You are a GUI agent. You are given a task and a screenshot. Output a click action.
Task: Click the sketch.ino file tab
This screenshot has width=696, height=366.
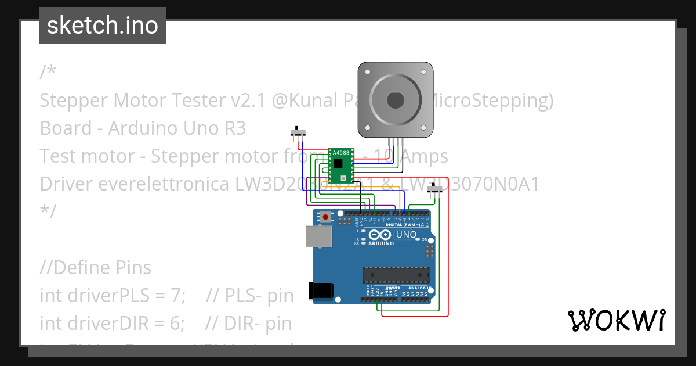tap(103, 26)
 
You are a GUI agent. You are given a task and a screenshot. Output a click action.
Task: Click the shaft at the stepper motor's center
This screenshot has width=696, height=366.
tap(395, 100)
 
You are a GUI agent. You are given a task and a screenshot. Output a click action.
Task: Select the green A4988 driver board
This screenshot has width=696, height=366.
tap(340, 166)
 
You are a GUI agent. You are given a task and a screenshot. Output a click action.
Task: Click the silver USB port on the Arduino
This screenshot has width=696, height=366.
tap(318, 237)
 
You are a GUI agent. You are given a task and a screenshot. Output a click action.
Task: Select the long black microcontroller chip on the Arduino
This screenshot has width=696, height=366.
tap(396, 274)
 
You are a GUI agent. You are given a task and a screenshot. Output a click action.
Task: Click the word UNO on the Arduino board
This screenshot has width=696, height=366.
tap(406, 235)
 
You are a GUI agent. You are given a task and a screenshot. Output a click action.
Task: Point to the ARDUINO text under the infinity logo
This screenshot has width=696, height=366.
tap(381, 243)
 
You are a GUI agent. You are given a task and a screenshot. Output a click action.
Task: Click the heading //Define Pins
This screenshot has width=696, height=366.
tap(96, 268)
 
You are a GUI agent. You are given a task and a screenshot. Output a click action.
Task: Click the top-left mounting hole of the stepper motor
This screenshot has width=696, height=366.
tap(367, 71)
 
